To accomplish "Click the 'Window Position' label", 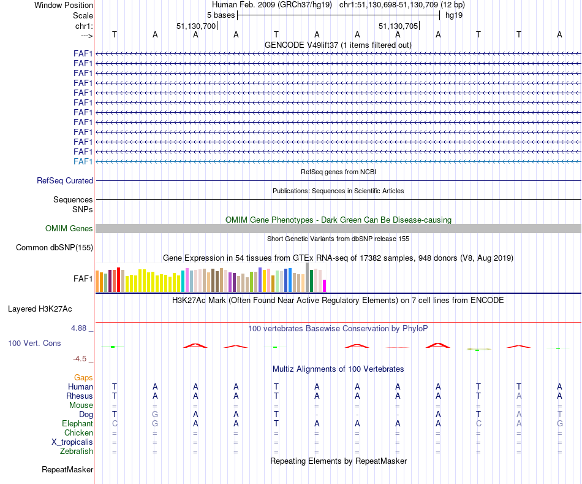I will [64, 5].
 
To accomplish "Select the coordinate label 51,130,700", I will [196, 26].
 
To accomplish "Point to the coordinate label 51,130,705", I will [398, 26].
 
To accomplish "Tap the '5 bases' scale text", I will [221, 15].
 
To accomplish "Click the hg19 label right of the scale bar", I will [454, 15].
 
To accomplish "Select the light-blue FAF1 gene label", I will [83, 161].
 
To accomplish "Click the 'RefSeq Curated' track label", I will [65, 181].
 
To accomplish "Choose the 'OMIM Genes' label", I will [69, 229].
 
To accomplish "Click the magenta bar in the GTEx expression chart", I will [325, 286].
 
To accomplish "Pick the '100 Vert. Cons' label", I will [34, 344].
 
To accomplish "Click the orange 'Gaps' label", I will [83, 378].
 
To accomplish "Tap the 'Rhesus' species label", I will [80, 396].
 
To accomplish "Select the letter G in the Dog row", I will [155, 415].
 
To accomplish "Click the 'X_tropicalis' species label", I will [72, 442].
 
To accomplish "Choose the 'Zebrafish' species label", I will [76, 451].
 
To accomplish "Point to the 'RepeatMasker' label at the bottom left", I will [67, 470].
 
